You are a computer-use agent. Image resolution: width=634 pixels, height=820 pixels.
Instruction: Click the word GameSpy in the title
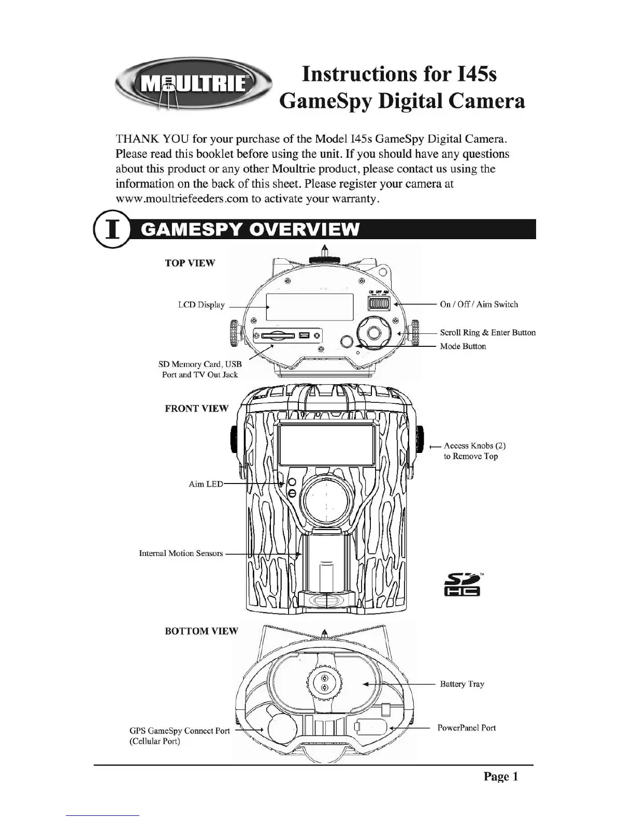[325, 101]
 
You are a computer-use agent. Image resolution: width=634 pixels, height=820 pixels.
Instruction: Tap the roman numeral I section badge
[110, 229]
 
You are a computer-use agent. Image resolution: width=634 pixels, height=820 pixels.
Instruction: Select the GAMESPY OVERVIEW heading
[250, 229]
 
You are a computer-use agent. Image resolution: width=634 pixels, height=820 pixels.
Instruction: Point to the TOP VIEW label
[190, 263]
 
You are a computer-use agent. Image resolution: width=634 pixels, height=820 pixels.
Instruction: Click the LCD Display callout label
[201, 305]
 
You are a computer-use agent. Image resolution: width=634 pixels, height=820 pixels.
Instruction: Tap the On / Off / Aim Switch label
[479, 304]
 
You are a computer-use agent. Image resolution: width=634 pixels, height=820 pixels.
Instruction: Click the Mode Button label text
[463, 346]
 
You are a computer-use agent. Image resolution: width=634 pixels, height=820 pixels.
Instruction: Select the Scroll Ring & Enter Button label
[487, 333]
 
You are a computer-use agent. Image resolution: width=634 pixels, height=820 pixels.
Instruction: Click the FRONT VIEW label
[196, 408]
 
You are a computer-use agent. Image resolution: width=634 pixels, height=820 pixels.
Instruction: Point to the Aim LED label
[206, 484]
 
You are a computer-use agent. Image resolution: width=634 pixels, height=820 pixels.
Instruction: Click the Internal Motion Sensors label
[181, 553]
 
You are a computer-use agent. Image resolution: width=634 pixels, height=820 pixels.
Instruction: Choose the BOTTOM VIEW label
[201, 631]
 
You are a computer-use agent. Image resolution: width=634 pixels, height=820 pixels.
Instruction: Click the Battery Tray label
[462, 684]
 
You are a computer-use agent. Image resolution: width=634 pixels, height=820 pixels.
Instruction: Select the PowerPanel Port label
[466, 728]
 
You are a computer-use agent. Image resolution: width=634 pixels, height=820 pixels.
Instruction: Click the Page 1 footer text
[500, 776]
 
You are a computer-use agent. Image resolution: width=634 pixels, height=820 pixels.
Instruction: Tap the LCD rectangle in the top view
[310, 307]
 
